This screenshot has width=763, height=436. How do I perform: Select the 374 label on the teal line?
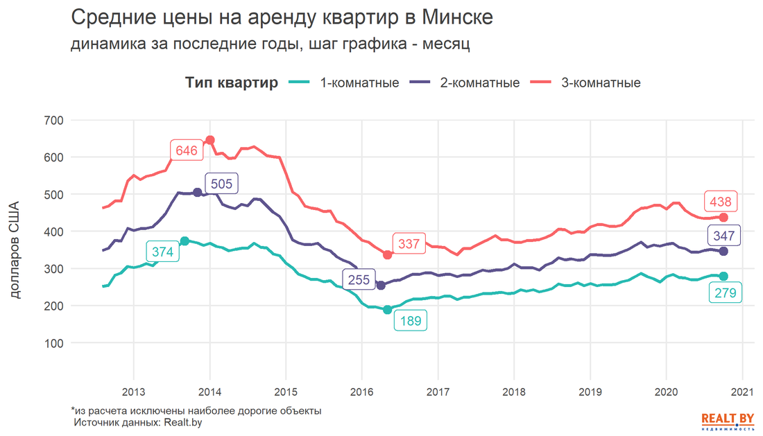coord(162,252)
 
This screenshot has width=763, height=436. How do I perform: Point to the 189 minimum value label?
coord(411,321)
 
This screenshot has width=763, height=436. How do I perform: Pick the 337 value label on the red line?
coord(409,244)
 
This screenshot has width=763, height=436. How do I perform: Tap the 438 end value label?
coord(721,202)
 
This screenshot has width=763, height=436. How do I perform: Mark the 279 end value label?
coord(726,293)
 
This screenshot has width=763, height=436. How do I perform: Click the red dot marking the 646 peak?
coord(210,140)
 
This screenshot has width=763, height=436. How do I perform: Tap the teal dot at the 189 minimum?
coord(388,310)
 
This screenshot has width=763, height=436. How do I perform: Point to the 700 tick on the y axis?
coord(53,121)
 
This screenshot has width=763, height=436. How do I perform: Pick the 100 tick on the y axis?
coord(53,343)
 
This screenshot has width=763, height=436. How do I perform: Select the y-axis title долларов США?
coord(17,251)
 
